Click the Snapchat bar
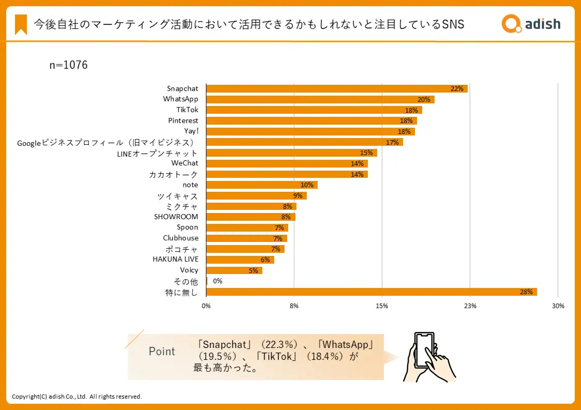tap(336, 88)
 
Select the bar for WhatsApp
tap(320, 99)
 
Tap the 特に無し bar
tap(371, 292)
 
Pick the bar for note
tap(261, 185)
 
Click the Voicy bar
tap(234, 270)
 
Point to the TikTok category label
tap(187, 110)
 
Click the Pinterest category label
tap(183, 120)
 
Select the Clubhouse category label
tap(181, 238)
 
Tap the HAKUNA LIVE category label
tap(175, 259)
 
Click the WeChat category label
tap(185, 163)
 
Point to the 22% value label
tap(457, 89)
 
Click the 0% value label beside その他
tap(217, 281)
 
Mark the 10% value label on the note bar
tap(307, 185)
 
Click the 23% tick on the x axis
tap(470, 306)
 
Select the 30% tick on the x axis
tap(558, 306)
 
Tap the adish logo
tap(531, 23)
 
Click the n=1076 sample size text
tap(68, 65)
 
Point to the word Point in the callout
tap(162, 352)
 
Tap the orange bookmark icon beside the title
tap(21, 24)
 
